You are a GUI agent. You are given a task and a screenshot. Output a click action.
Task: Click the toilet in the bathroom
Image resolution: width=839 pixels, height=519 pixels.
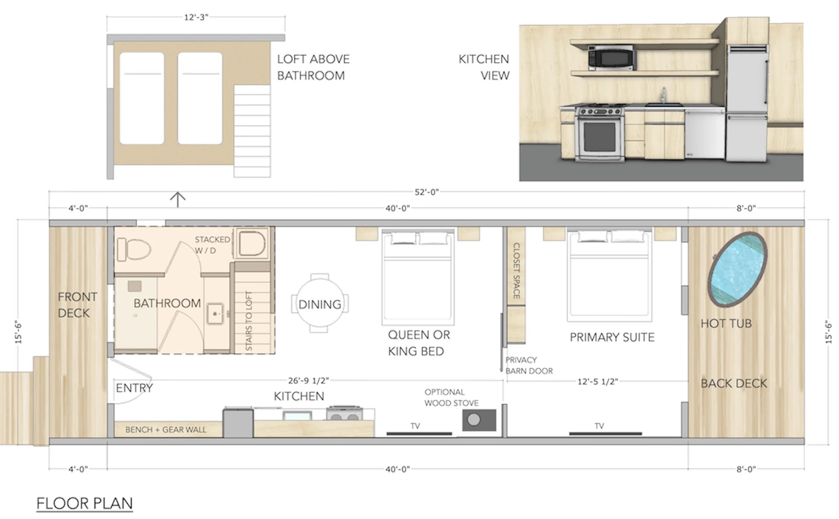pyautogui.click(x=134, y=249)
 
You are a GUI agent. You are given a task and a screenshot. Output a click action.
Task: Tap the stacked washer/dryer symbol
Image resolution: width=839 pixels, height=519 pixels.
pyautogui.click(x=252, y=244)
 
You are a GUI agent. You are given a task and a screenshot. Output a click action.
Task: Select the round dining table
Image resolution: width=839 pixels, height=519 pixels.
pyautogui.click(x=320, y=303)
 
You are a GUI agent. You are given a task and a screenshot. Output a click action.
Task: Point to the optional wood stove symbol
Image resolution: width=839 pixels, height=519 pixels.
pyautogui.click(x=478, y=420)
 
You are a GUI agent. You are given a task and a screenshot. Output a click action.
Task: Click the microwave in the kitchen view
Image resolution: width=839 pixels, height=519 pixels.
pyautogui.click(x=611, y=57)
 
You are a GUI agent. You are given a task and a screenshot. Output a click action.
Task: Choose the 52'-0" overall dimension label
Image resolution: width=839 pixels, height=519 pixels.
pyautogui.click(x=426, y=192)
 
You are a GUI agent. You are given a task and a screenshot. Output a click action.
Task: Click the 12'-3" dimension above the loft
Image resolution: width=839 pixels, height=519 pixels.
pyautogui.click(x=196, y=17)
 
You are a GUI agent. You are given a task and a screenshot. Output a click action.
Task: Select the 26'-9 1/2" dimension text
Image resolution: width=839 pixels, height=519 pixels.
pyautogui.click(x=308, y=380)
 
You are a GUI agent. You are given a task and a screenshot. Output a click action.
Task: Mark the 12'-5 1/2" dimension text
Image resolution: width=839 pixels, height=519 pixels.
pyautogui.click(x=597, y=381)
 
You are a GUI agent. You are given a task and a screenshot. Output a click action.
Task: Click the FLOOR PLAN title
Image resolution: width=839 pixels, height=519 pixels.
pyautogui.click(x=84, y=503)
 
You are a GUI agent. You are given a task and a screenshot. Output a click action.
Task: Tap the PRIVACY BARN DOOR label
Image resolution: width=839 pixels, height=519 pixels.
pyautogui.click(x=528, y=366)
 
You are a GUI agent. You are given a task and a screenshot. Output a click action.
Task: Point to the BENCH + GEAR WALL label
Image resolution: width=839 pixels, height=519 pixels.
pyautogui.click(x=166, y=429)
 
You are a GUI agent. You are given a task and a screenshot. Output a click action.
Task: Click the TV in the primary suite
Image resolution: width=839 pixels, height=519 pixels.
pyautogui.click(x=605, y=433)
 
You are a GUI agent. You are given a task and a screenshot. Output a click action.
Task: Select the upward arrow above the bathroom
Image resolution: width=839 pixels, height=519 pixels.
pyautogui.click(x=177, y=199)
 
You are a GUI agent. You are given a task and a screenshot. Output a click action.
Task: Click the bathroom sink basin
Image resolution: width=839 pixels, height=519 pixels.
pyautogui.click(x=215, y=313)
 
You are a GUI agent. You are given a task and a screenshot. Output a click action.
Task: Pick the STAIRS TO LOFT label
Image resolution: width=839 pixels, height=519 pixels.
pyautogui.click(x=249, y=320)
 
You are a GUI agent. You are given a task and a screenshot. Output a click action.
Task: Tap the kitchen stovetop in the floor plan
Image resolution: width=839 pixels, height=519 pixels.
pyautogui.click(x=344, y=414)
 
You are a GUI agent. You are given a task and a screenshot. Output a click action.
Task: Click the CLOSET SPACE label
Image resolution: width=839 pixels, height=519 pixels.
pyautogui.click(x=516, y=271)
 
